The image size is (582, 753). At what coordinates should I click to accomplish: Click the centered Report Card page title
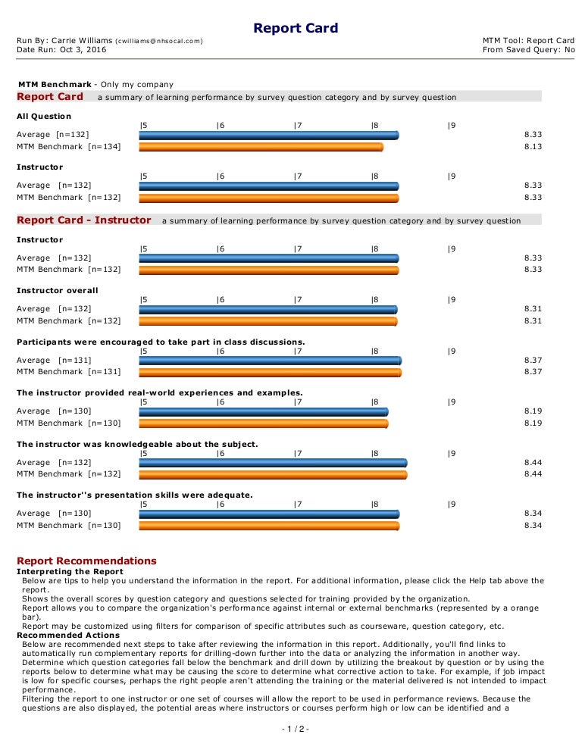pyautogui.click(x=296, y=29)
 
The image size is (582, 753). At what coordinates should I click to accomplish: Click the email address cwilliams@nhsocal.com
pyautogui.click(x=158, y=40)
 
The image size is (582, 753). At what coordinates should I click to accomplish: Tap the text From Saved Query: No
pyautogui.click(x=528, y=50)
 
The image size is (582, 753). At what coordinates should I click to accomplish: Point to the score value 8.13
pyautogui.click(x=533, y=147)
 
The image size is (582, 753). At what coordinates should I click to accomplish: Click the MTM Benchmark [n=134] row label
pyautogui.click(x=68, y=147)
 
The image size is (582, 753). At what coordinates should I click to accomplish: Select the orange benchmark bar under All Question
pyautogui.click(x=261, y=148)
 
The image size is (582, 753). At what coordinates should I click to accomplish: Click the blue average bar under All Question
pyautogui.click(x=268, y=135)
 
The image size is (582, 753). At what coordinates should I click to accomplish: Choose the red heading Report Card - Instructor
pyautogui.click(x=84, y=220)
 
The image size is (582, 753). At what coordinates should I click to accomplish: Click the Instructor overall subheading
pyautogui.click(x=58, y=290)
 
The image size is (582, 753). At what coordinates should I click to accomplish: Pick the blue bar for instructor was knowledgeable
pyautogui.click(x=273, y=462)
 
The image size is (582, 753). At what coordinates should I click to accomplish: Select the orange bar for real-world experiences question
pyautogui.click(x=263, y=423)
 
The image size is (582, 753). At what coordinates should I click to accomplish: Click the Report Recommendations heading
pyautogui.click(x=86, y=561)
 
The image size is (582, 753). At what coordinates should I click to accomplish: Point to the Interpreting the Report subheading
pyautogui.click(x=70, y=571)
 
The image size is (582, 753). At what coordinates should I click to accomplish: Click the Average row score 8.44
pyautogui.click(x=533, y=462)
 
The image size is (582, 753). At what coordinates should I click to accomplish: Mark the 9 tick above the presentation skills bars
pyautogui.click(x=451, y=504)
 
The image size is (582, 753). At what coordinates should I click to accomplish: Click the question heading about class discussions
pyautogui.click(x=161, y=342)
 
